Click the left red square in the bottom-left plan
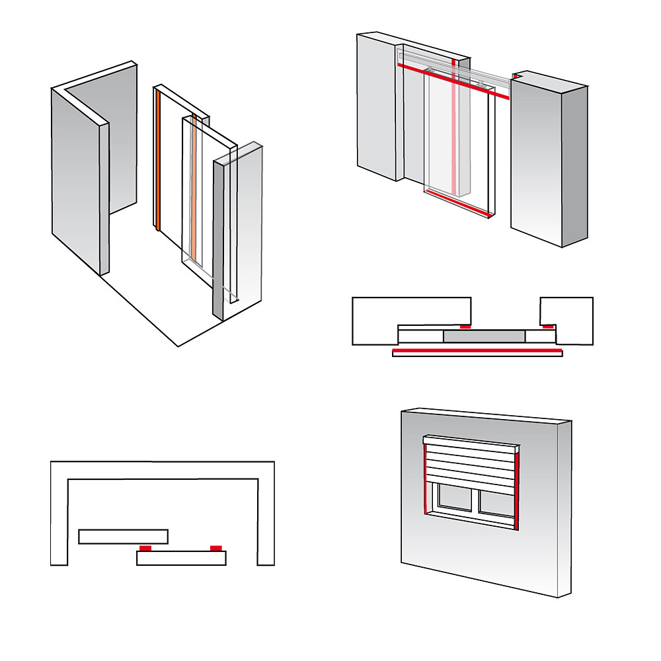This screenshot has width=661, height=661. [145, 548]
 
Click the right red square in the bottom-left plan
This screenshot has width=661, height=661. [215, 548]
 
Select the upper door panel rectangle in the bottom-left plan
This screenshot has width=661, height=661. [123, 536]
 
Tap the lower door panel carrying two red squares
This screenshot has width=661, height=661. [181, 559]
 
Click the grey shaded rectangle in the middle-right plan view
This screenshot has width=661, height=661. [484, 337]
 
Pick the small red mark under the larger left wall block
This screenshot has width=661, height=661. [466, 327]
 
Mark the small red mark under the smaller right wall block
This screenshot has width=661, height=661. [548, 327]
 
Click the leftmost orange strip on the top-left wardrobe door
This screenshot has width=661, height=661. [159, 159]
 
